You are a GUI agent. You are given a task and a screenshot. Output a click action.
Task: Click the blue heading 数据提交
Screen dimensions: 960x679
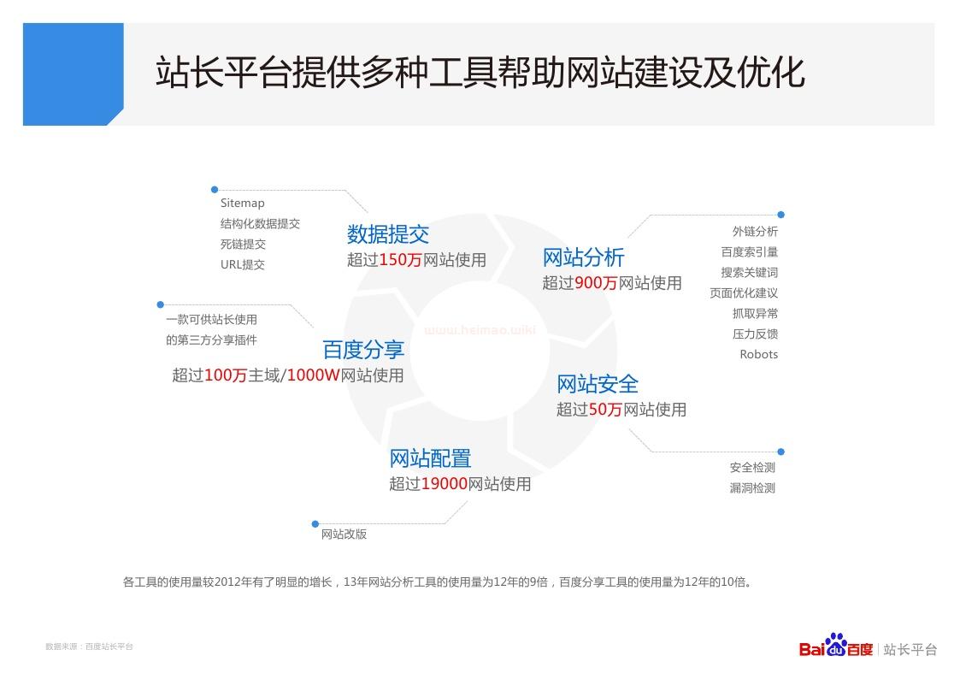click(x=388, y=233)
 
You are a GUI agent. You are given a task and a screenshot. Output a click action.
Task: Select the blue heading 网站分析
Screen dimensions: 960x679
click(x=584, y=257)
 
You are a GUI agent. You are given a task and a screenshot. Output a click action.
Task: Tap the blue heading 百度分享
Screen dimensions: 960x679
click(x=363, y=350)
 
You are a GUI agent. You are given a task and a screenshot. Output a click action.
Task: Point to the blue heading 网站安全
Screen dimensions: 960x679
click(x=598, y=384)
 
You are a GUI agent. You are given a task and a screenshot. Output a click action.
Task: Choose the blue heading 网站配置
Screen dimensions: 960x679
click(x=430, y=458)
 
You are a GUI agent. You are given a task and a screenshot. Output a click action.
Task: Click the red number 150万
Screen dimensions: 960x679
click(x=401, y=260)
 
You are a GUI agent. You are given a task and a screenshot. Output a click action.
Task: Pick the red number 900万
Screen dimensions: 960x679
click(x=597, y=283)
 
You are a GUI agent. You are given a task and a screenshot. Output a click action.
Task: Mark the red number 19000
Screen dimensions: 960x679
click(x=445, y=484)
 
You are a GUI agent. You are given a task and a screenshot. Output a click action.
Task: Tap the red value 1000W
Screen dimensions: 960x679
click(x=313, y=375)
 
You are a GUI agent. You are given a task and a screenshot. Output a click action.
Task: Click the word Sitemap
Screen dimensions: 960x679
click(x=243, y=204)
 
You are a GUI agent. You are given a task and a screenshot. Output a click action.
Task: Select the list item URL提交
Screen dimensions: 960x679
click(x=243, y=264)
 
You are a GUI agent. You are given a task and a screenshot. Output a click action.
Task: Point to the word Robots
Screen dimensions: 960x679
click(x=758, y=355)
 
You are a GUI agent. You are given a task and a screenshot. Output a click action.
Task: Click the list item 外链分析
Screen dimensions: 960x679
click(x=755, y=232)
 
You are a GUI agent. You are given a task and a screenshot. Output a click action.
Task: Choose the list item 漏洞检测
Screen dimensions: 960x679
click(x=752, y=488)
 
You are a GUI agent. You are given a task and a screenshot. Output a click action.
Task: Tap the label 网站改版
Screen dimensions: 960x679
click(x=345, y=534)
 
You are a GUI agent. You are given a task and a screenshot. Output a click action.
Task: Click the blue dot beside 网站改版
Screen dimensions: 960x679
click(x=315, y=524)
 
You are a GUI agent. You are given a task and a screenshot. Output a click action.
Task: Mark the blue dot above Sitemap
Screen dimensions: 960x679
click(x=215, y=190)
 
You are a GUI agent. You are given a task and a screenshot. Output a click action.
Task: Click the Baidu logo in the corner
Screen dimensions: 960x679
click(x=836, y=646)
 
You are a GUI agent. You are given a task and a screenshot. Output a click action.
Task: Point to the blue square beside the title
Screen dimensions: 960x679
click(x=74, y=74)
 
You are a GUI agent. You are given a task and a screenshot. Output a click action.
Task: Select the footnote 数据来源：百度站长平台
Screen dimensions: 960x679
click(x=90, y=647)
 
